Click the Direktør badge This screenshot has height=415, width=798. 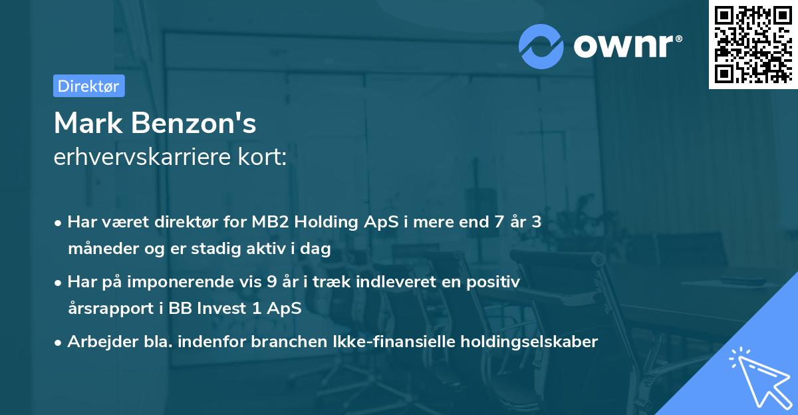(x=88, y=86)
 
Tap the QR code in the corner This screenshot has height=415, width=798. (x=753, y=45)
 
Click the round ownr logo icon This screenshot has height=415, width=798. (x=541, y=47)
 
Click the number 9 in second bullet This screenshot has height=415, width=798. (x=271, y=282)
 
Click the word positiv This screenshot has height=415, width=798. (x=495, y=282)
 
